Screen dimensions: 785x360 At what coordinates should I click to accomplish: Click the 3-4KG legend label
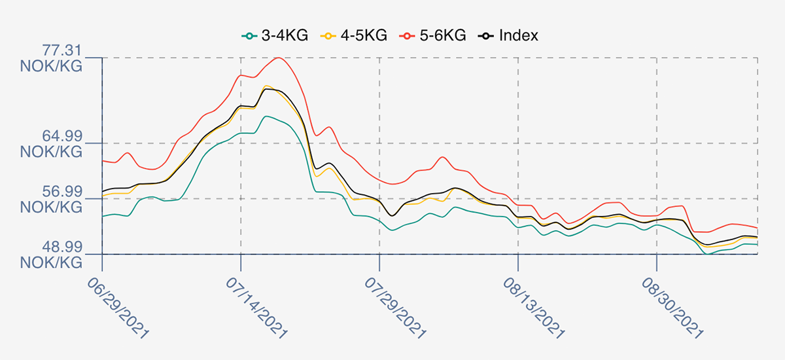(285, 35)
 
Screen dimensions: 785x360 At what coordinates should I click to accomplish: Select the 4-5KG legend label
(364, 35)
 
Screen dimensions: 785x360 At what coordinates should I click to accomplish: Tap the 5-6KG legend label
(443, 35)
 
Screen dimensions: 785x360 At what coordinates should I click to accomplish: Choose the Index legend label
(518, 35)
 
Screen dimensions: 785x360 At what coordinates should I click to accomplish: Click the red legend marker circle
(407, 36)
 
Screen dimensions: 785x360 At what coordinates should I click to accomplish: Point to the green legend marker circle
(249, 36)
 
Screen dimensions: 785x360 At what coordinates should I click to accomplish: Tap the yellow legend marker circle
(328, 36)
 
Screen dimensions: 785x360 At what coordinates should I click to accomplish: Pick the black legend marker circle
(486, 36)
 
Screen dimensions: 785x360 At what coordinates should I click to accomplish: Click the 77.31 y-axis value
(62, 50)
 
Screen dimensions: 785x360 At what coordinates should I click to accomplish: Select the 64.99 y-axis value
(62, 136)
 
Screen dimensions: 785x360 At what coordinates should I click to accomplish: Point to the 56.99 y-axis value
(62, 192)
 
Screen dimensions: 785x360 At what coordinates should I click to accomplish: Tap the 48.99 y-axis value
(62, 247)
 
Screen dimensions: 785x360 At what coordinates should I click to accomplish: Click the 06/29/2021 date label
(118, 308)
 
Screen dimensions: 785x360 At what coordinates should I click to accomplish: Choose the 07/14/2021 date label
(256, 308)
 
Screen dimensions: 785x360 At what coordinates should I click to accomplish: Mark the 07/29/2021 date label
(395, 308)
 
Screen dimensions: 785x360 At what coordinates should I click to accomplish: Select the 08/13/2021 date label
(534, 308)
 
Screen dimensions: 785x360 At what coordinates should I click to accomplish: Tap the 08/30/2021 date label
(672, 308)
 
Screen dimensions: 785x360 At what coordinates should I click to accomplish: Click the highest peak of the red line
(278, 58)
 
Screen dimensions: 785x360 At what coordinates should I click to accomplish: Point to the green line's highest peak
(267, 116)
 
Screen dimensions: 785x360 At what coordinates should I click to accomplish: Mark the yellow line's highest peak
(266, 86)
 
